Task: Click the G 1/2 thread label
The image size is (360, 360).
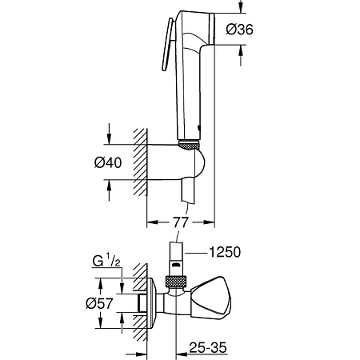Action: pos(103,262)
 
